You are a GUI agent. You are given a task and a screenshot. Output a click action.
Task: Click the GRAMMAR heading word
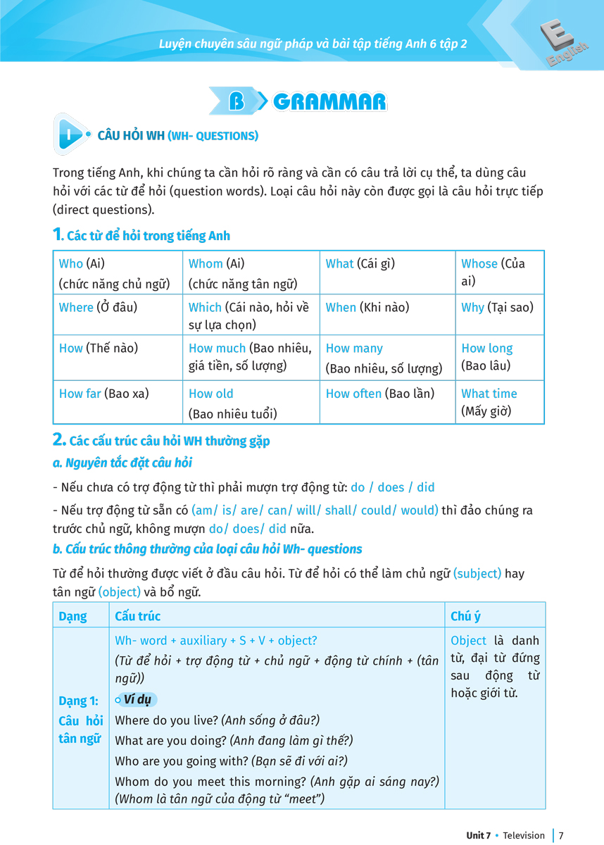point(329,102)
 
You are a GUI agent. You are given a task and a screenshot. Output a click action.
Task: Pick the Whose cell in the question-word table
point(499,272)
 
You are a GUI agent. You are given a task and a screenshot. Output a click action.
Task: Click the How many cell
point(386,358)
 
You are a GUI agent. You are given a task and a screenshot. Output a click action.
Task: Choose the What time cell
point(499,402)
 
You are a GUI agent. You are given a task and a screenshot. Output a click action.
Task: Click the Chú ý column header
point(466,616)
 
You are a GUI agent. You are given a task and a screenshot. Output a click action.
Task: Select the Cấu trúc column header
point(138,616)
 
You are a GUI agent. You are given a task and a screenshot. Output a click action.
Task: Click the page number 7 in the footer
point(561,835)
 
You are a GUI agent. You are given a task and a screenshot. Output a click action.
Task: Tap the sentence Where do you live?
point(166,720)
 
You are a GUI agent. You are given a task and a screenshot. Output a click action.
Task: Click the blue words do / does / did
point(393,487)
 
